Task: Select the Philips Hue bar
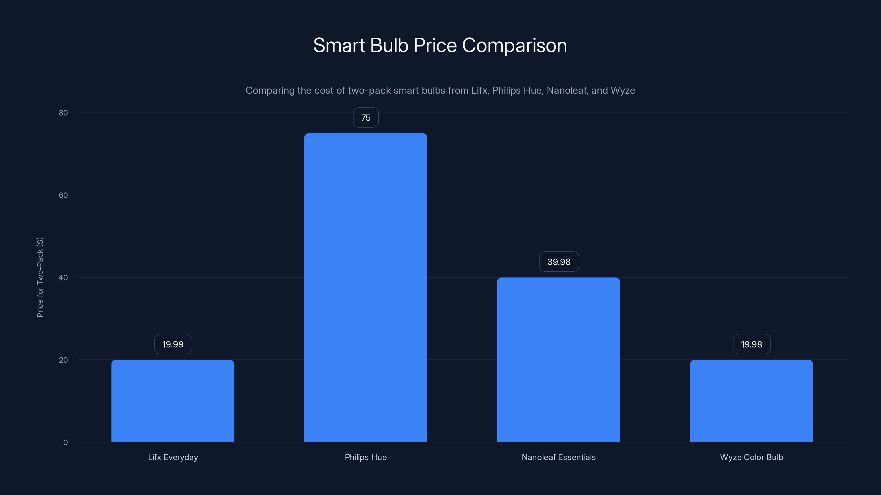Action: click(x=366, y=287)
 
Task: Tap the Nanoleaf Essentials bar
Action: click(x=559, y=359)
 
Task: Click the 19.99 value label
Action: click(x=173, y=344)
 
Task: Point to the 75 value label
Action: click(x=366, y=117)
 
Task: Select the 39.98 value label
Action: click(x=559, y=262)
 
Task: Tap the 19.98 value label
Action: click(x=751, y=344)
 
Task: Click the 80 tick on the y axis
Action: click(x=63, y=113)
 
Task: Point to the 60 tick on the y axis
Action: click(x=63, y=195)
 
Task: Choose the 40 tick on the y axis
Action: click(x=63, y=277)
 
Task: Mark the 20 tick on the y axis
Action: click(x=63, y=360)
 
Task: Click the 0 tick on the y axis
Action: click(x=65, y=442)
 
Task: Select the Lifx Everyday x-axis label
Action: click(x=173, y=457)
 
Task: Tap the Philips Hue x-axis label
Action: click(x=366, y=457)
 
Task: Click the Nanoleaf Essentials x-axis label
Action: click(x=559, y=457)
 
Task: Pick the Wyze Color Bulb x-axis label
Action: click(x=751, y=457)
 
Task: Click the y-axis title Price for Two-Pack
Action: click(x=40, y=277)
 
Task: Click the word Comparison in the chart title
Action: click(x=514, y=45)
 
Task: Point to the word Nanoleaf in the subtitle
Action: click(x=566, y=90)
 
